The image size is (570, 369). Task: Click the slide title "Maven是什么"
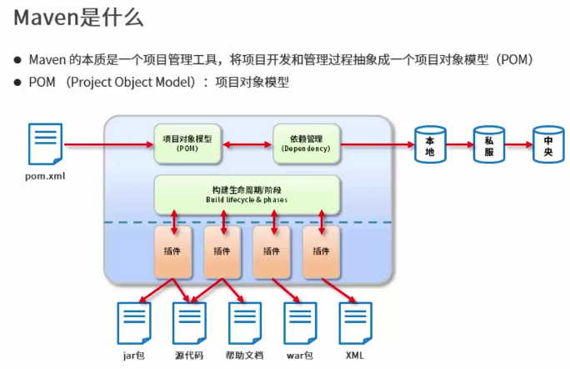click(78, 18)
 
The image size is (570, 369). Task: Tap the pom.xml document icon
click(46, 144)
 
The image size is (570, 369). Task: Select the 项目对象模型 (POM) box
click(187, 143)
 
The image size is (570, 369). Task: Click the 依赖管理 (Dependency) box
click(307, 143)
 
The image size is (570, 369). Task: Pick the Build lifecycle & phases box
click(247, 195)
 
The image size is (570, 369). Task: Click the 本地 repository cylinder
click(430, 144)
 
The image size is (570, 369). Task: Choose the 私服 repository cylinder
click(489, 144)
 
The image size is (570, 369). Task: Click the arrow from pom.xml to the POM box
click(108, 144)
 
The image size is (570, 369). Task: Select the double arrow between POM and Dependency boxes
click(247, 144)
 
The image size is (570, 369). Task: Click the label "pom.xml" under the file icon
click(46, 177)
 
